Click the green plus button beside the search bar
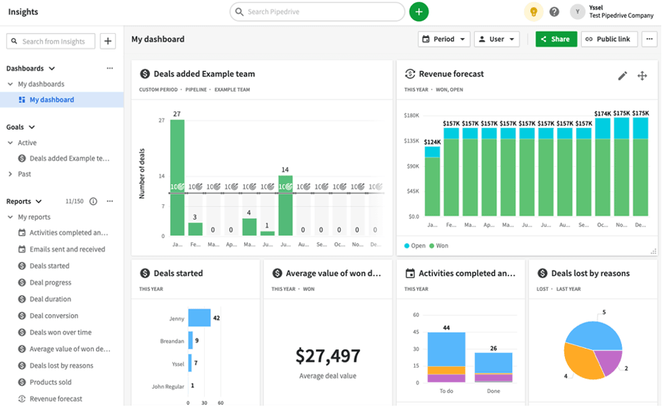(418, 12)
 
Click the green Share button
(556, 39)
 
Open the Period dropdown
(444, 39)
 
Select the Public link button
(608, 39)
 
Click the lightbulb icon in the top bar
(534, 12)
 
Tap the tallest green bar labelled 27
(177, 176)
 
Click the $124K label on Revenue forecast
(432, 142)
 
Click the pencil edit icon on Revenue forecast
(623, 76)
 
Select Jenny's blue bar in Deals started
(199, 317)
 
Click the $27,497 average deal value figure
(328, 355)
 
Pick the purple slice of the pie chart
(608, 361)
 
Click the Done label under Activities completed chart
(493, 391)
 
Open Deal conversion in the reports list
(54, 315)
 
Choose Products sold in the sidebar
(50, 382)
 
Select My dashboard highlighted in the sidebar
(52, 100)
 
